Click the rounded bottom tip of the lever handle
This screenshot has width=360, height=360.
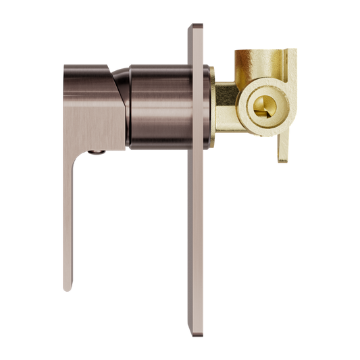[68, 287]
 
